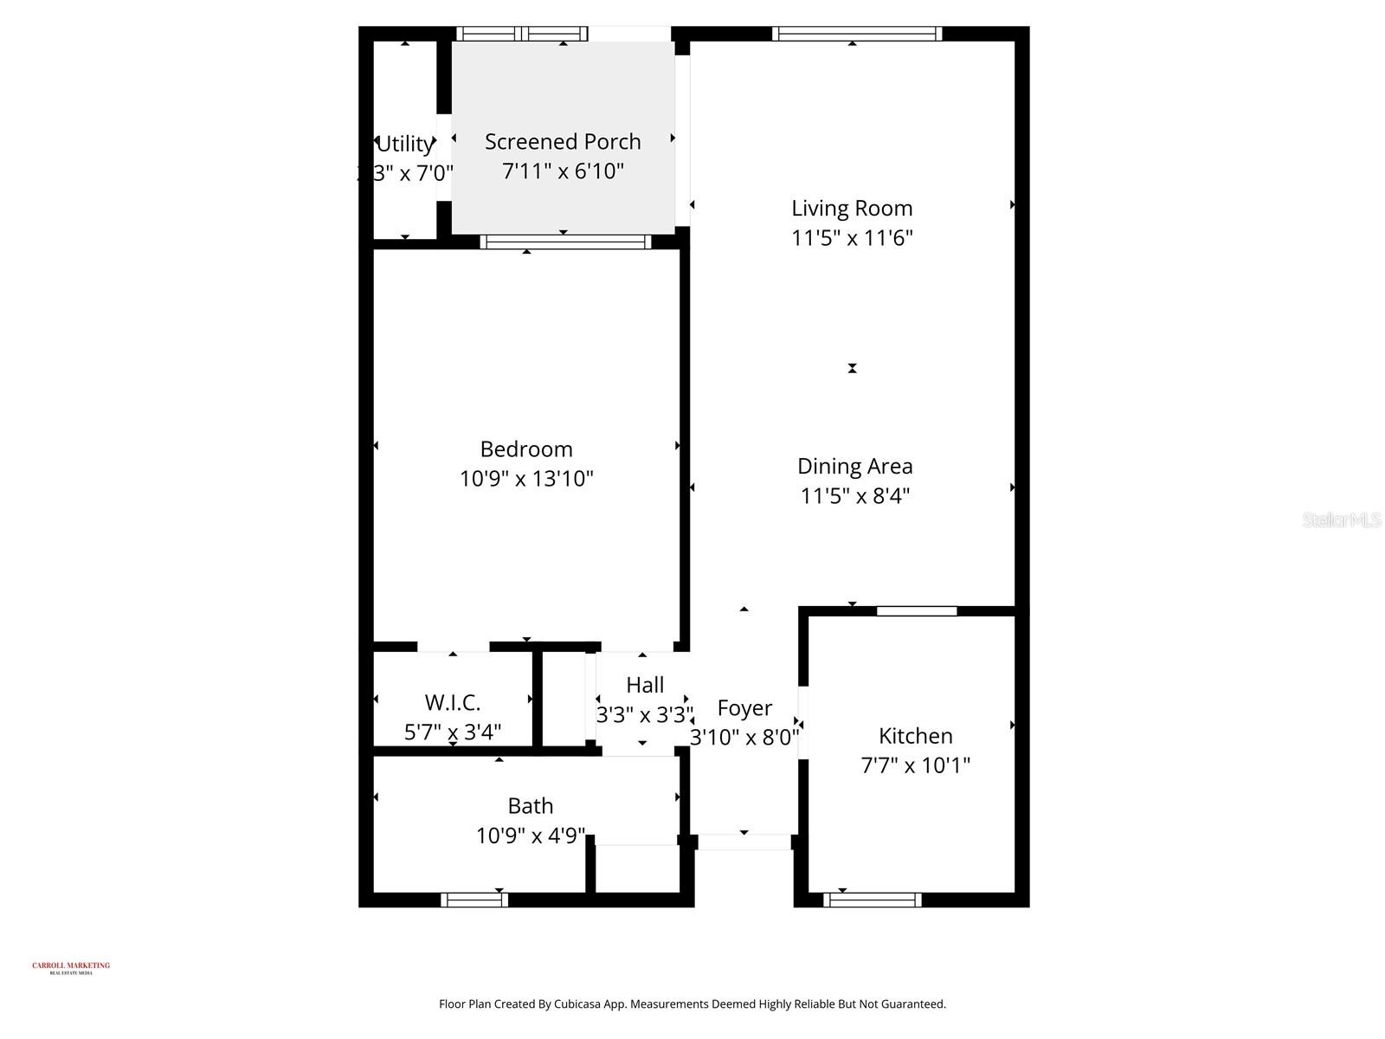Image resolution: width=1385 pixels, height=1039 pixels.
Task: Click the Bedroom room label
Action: coord(526,449)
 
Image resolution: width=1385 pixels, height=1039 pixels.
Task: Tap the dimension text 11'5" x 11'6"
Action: coord(853,238)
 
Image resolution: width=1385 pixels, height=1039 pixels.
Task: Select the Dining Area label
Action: coord(854,467)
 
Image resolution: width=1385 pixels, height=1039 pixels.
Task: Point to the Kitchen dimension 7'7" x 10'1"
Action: coord(915,765)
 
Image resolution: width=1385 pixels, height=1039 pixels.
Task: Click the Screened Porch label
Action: coord(563,142)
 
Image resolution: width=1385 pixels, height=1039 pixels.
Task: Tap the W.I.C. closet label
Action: coord(452,702)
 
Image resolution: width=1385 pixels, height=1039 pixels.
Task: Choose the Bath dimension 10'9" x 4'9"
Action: coord(531,836)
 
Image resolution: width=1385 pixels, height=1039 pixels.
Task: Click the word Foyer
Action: coord(744,708)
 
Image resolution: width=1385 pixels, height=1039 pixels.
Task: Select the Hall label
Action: coord(645,685)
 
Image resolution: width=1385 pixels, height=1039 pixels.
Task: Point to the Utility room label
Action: coord(405,144)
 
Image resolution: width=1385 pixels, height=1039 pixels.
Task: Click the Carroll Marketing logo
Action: coord(71,967)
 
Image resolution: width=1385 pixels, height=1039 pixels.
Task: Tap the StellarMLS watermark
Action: coord(1342,520)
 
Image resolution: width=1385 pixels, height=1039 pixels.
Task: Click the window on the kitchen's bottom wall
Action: coord(872,900)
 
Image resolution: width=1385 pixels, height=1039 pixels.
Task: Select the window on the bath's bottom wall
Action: coord(474,900)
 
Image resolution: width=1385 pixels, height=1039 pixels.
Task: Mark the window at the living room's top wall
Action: coord(856,34)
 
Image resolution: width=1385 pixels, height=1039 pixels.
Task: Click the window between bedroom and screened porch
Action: coord(565,242)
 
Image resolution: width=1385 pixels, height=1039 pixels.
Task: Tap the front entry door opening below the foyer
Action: coord(744,842)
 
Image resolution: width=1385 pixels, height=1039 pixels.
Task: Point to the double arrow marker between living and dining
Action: coord(853,368)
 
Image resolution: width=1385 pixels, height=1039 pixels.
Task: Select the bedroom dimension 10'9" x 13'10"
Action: coord(526,479)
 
